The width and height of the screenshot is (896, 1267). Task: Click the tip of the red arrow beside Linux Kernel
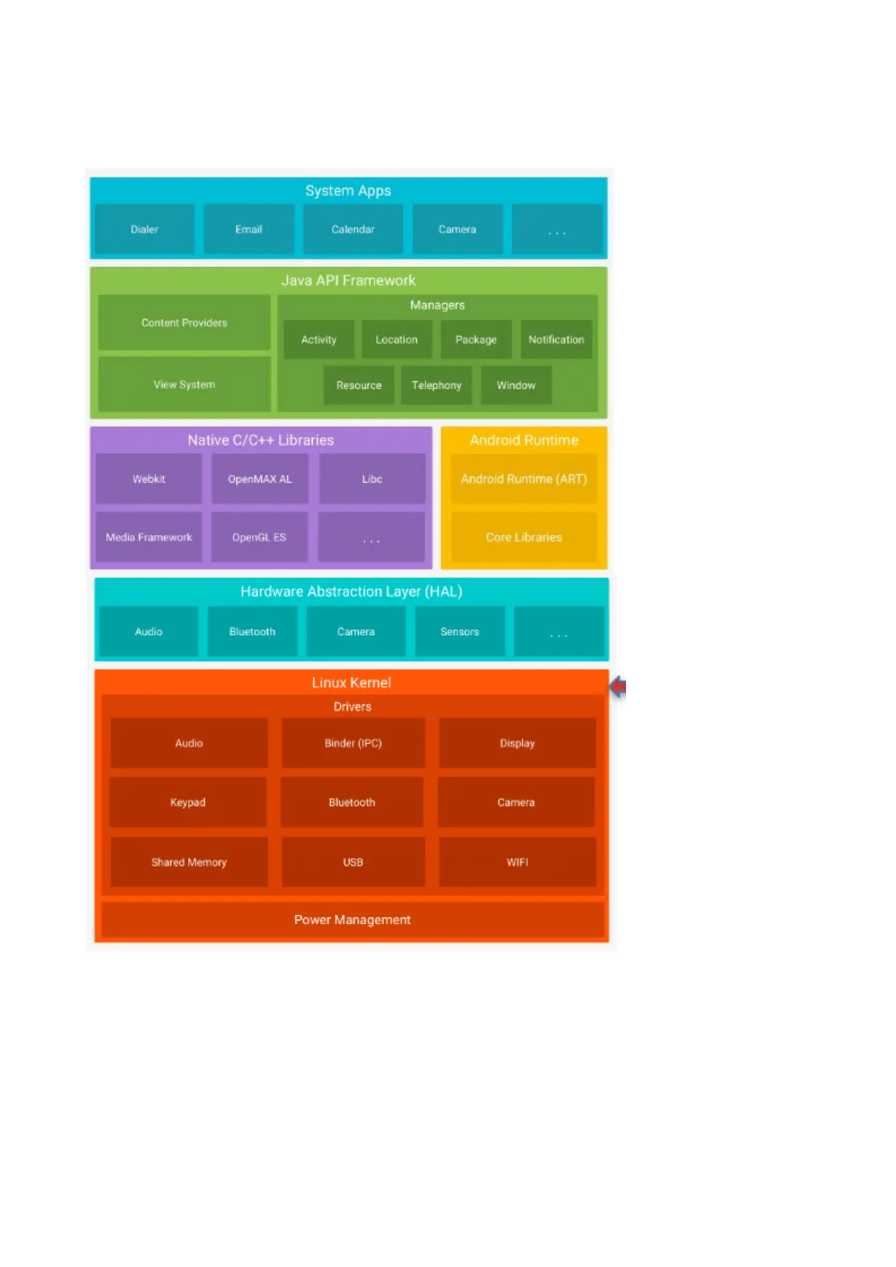(610, 687)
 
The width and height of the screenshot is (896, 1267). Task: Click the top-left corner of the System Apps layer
(90, 178)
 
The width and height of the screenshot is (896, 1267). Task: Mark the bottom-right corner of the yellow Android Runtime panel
(608, 569)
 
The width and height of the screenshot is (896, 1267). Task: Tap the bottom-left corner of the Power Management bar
(102, 937)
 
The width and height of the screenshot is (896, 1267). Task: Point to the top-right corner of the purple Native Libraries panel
(433, 427)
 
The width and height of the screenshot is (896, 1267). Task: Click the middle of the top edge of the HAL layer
(352, 578)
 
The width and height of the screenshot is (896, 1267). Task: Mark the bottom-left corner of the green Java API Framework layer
(90, 418)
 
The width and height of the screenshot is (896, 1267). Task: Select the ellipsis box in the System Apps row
(557, 229)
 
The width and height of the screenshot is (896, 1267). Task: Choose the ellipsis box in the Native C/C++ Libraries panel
(372, 537)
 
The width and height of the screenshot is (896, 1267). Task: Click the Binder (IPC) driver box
(354, 743)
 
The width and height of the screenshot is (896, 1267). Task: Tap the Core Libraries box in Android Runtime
(524, 537)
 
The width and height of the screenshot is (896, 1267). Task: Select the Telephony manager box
(436, 385)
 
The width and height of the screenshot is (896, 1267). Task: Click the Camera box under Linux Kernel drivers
(516, 803)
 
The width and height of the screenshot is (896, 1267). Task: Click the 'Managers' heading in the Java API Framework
(438, 305)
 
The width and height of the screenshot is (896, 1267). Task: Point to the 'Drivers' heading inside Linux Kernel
(352, 707)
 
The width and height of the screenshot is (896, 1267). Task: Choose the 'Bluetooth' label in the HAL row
(252, 632)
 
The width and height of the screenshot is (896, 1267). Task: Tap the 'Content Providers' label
(184, 323)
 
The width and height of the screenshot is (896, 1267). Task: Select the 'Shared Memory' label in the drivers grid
(189, 862)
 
